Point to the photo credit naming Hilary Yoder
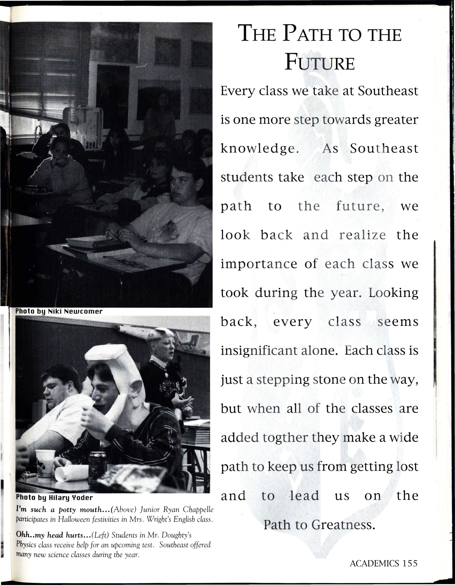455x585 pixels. tap(54, 498)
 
